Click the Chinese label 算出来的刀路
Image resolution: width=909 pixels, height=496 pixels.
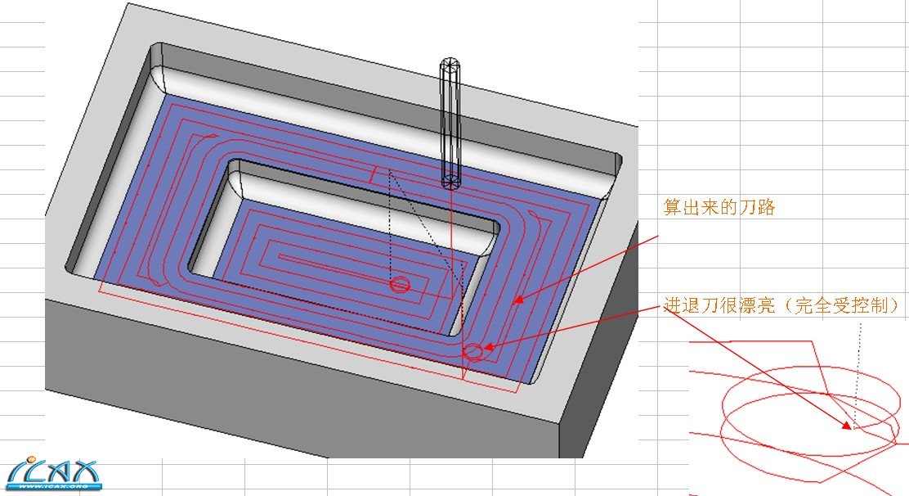click(719, 207)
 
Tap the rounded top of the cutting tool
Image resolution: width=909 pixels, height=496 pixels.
click(450, 64)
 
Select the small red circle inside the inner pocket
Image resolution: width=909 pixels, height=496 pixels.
click(400, 284)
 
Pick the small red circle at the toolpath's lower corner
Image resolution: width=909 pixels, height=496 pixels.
click(473, 352)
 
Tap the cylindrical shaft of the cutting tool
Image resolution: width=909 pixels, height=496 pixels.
click(450, 123)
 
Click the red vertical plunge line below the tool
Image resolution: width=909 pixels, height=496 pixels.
click(452, 246)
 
